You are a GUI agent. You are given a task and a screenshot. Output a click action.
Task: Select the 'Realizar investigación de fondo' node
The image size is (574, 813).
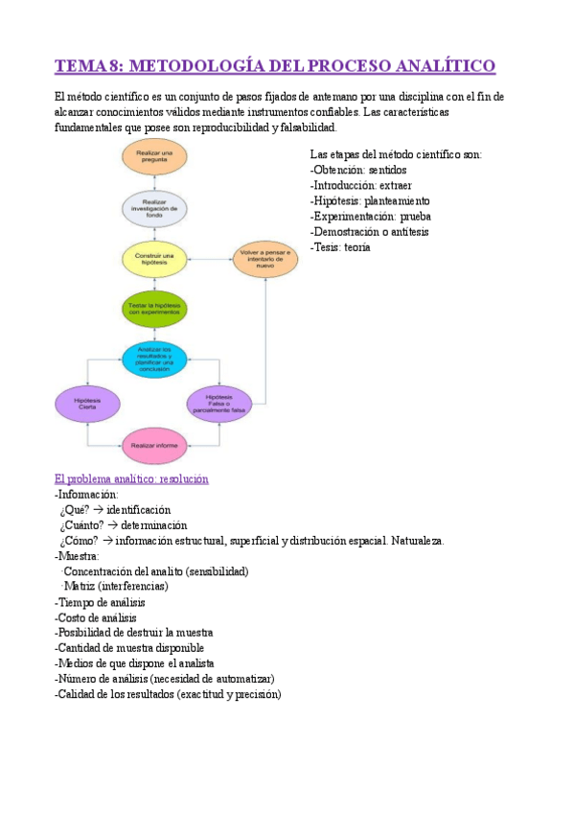154,208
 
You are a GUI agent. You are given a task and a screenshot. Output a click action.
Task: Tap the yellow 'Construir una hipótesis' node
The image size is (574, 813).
154,259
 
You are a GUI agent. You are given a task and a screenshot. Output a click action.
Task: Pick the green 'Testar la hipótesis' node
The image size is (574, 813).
154,310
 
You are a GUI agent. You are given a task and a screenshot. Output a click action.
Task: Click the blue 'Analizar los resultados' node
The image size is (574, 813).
154,360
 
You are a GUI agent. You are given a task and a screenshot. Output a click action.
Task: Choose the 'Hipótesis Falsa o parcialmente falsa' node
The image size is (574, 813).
218,403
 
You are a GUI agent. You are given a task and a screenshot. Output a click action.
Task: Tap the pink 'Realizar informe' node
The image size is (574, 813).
154,445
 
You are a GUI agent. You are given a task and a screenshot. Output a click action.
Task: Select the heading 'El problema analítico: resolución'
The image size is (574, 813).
131,478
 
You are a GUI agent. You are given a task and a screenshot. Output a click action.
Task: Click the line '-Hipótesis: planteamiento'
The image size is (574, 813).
370,201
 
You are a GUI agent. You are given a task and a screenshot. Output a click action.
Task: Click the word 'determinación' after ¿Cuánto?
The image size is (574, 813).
153,525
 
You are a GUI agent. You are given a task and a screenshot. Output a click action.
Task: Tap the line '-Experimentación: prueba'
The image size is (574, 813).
370,217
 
